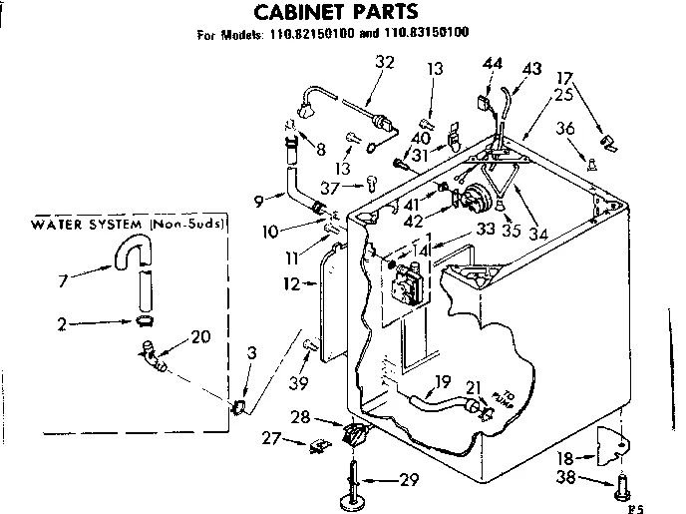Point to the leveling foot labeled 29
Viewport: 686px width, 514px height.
pyautogui.click(x=354, y=479)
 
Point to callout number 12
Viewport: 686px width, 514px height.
pyautogui.click(x=292, y=283)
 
